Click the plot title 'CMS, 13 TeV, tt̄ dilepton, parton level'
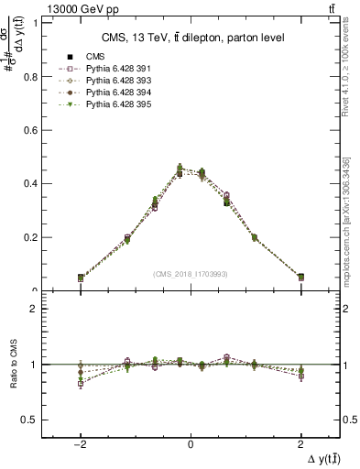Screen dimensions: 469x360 coord(190,37)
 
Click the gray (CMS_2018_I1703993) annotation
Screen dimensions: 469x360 coord(191,273)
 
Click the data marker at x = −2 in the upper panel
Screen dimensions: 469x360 coord(81,278)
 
